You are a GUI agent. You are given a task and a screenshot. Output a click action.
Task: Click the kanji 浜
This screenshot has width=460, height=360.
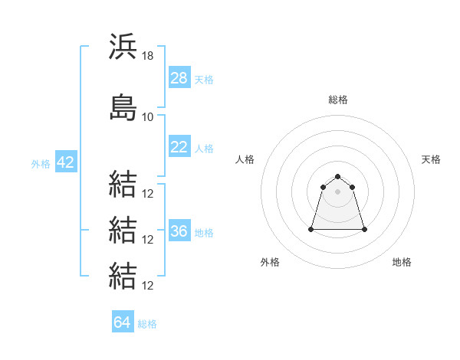123,47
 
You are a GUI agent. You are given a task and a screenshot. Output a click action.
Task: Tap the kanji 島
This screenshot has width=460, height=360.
123,107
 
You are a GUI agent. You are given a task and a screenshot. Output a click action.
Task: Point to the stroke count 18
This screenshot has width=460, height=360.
148,56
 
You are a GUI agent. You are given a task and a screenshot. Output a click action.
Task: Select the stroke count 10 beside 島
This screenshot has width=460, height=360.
148,117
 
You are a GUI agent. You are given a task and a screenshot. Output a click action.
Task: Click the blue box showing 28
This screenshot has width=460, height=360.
179,78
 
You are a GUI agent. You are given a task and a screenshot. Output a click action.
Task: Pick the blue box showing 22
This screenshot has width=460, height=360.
179,147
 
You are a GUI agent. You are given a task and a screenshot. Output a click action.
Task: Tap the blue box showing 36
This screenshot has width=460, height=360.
179,231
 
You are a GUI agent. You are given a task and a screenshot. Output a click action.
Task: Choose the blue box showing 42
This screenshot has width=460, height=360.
65,162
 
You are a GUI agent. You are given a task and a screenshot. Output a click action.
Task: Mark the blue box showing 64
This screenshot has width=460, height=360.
122,322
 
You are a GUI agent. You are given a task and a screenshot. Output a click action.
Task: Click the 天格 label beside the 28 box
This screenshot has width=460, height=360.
204,79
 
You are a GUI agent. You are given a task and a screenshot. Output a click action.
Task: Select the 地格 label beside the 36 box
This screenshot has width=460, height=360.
204,232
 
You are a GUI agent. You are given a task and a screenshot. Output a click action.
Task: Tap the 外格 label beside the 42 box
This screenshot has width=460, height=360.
41,163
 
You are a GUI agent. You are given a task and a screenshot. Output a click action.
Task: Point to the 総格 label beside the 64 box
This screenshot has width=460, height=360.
147,323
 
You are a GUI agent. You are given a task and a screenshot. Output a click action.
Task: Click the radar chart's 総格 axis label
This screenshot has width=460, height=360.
338,100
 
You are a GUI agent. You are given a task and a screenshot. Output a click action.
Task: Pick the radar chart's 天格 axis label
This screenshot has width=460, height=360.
432,159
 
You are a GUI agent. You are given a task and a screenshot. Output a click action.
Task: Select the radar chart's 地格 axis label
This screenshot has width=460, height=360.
402,262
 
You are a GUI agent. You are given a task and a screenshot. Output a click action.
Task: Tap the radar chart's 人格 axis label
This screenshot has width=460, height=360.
245,159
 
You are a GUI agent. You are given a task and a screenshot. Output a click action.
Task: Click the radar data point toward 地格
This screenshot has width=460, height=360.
364,229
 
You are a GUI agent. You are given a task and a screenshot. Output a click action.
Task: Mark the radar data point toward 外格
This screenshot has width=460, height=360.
311,229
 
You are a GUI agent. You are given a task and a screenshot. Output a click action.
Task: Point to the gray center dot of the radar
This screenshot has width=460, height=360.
338,191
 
